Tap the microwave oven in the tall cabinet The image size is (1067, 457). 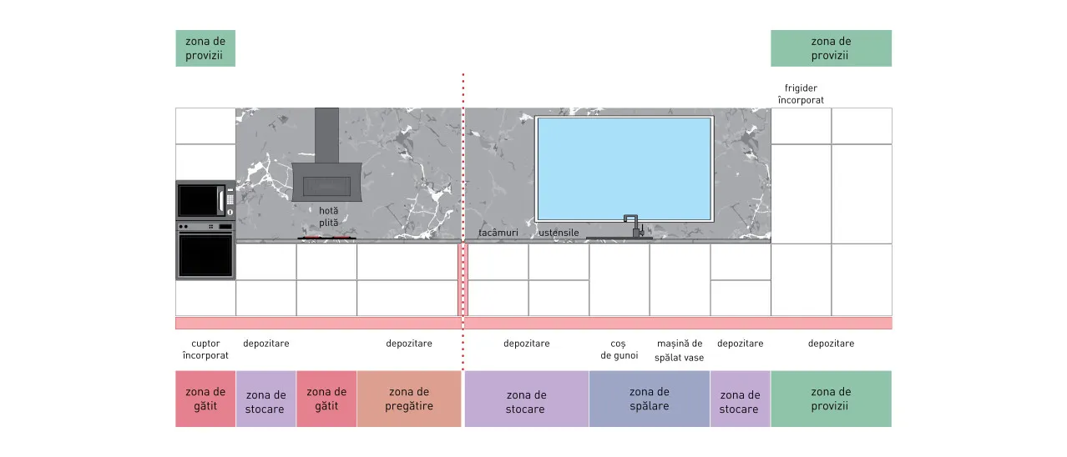click(x=205, y=200)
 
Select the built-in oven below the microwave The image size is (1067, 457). click(x=205, y=249)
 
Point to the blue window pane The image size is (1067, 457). click(x=624, y=168)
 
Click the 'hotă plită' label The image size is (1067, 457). click(x=329, y=216)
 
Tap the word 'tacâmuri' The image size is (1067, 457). click(x=498, y=233)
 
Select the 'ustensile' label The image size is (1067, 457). click(x=559, y=233)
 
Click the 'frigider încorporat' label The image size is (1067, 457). click(x=801, y=94)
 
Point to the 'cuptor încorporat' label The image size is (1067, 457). click(x=205, y=349)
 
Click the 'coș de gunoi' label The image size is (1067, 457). click(x=619, y=349)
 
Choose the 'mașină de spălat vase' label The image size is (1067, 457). click(x=680, y=350)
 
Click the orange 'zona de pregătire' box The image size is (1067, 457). click(x=409, y=399)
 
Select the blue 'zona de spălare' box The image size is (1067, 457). click(x=650, y=399)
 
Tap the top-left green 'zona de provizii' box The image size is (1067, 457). click(x=205, y=48)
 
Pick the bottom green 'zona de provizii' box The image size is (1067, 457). click(x=832, y=399)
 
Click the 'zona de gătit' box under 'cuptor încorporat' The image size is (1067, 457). click(x=205, y=399)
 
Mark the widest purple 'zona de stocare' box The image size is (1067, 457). click(x=526, y=399)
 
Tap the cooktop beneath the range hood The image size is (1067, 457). click(x=326, y=238)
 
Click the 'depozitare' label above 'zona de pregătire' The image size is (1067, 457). click(x=409, y=344)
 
